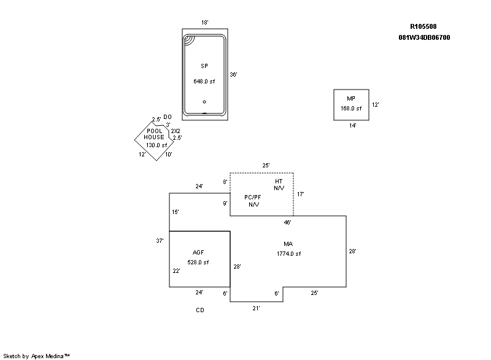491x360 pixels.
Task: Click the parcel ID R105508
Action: point(423,26)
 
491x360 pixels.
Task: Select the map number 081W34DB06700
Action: point(424,37)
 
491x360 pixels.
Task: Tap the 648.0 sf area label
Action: point(204,82)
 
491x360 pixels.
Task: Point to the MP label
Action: point(350,99)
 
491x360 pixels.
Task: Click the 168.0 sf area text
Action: point(351,109)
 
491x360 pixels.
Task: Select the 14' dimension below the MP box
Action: point(352,125)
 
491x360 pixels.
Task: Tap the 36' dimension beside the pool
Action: point(233,74)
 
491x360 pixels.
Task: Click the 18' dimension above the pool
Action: point(205,23)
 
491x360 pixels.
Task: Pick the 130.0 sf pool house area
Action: point(157,145)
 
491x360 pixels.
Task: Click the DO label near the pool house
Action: point(168,117)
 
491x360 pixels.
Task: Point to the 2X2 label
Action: point(176,131)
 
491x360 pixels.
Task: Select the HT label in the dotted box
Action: point(279,182)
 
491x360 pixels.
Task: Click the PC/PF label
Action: point(253,197)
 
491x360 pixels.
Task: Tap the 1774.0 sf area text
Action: point(288,254)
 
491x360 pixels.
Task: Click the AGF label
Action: point(198,253)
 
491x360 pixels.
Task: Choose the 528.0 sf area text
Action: point(198,262)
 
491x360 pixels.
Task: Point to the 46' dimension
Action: point(287,222)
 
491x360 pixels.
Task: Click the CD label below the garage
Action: point(200,310)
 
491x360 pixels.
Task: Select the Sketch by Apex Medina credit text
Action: point(36,355)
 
